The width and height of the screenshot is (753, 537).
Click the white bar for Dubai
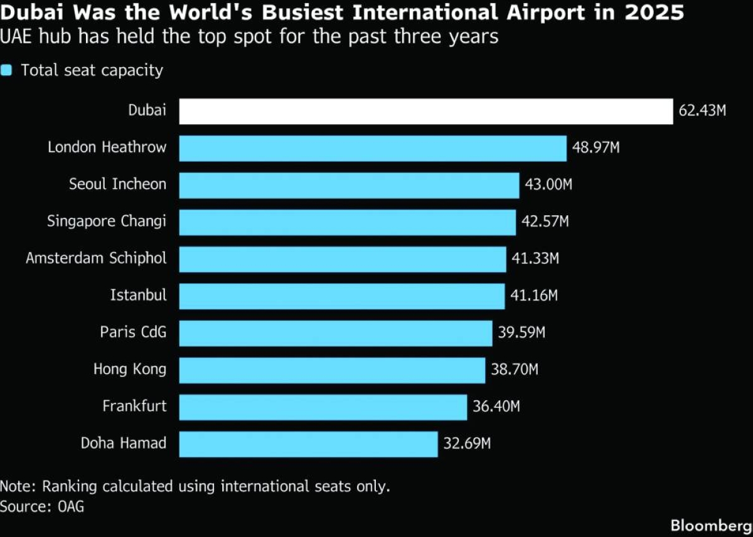pyautogui.click(x=425, y=111)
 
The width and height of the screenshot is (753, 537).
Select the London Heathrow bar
pyautogui.click(x=373, y=148)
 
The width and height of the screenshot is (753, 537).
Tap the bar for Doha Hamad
pyautogui.click(x=308, y=444)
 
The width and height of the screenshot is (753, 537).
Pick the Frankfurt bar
pyautogui.click(x=323, y=407)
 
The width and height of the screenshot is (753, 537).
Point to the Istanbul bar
pyautogui.click(x=342, y=295)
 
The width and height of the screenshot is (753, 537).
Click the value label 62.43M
pyautogui.click(x=702, y=111)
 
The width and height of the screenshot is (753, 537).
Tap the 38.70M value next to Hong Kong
pyautogui.click(x=515, y=370)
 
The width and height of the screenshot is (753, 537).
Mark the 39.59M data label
pyautogui.click(x=521, y=332)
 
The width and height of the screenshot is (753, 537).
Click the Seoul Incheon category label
pyautogui.click(x=118, y=184)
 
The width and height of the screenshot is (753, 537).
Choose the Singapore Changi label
pyautogui.click(x=107, y=221)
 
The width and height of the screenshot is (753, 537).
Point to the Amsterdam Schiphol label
pyautogui.click(x=96, y=258)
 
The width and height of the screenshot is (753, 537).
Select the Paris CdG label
pyautogui.click(x=133, y=332)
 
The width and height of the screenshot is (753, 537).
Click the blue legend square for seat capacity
pyautogui.click(x=7, y=70)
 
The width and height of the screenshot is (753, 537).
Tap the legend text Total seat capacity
pyautogui.click(x=92, y=70)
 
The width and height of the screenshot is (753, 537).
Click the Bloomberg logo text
pyautogui.click(x=710, y=524)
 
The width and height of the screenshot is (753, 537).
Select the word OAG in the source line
pyautogui.click(x=67, y=506)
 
